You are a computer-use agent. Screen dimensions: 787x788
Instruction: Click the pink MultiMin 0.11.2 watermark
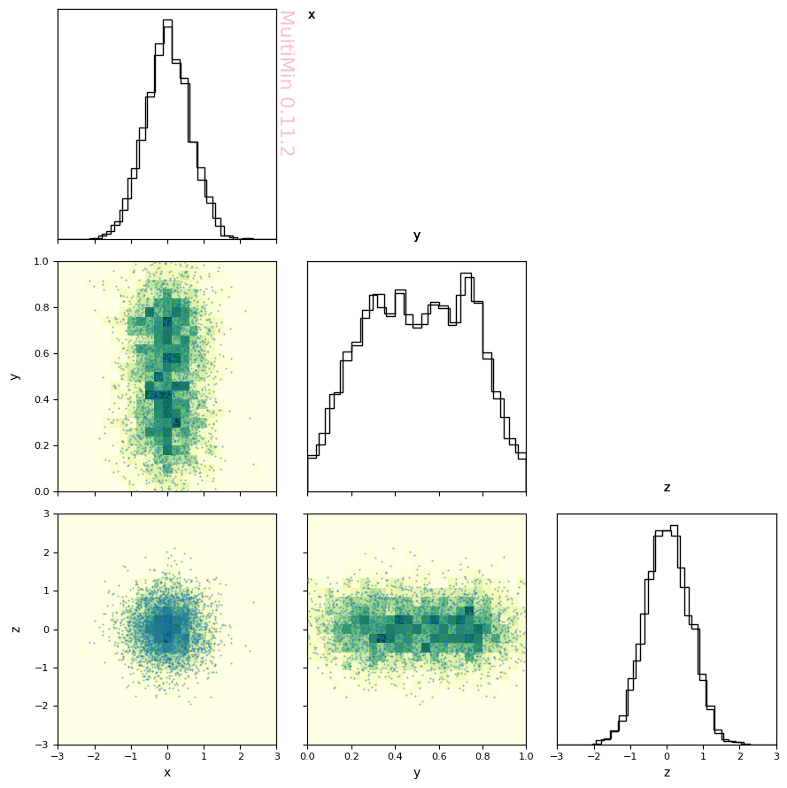[287, 83]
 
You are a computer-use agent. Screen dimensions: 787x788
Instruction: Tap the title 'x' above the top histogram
[312, 15]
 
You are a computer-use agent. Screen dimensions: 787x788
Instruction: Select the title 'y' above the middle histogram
[417, 236]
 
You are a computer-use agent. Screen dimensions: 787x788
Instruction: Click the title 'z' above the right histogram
[667, 488]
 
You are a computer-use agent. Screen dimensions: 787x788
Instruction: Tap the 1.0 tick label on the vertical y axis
[42, 261]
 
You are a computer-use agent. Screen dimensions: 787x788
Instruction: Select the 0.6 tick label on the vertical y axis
[42, 354]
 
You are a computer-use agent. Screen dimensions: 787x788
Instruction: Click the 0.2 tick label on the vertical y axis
[42, 445]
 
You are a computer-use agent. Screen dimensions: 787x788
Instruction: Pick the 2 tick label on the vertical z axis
[46, 552]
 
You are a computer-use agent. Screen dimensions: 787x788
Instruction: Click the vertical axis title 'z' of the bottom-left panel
[16, 630]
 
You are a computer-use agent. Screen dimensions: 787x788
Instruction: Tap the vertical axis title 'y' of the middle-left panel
[16, 376]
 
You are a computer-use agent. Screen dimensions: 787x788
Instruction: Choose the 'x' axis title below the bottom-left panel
[167, 772]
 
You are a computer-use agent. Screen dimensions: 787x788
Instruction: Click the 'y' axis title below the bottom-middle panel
[417, 773]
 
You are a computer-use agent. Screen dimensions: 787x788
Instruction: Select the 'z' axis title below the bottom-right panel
[667, 772]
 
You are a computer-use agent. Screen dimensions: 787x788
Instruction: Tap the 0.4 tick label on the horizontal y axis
[396, 756]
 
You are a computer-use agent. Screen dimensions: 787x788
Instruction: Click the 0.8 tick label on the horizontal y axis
[483, 756]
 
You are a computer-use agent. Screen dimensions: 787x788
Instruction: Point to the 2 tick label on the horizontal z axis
[740, 756]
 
